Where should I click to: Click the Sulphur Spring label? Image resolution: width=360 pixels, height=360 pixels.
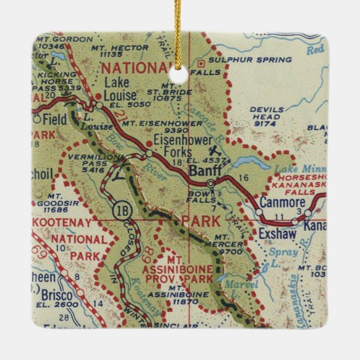[249, 60]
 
